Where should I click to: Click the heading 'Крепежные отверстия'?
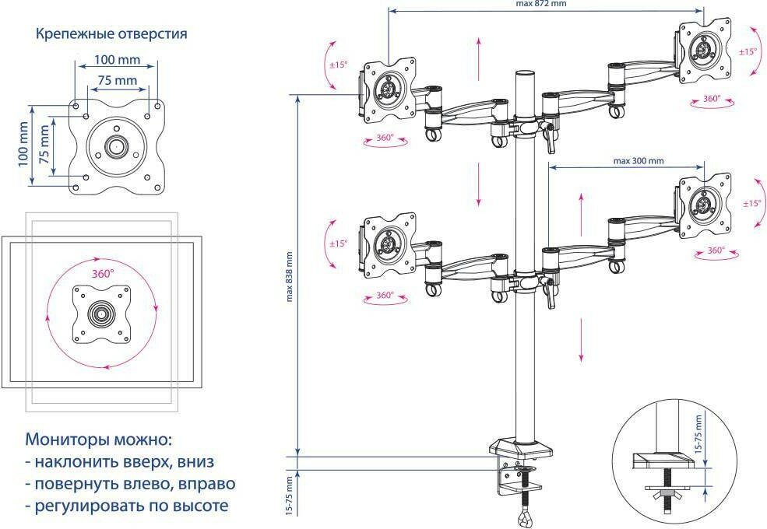(111, 34)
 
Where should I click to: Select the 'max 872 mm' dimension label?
(540, 4)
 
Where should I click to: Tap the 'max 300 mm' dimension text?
(638, 161)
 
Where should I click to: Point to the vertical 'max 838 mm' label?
(290, 276)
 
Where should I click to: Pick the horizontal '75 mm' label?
(117, 80)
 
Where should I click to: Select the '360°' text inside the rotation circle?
(102, 274)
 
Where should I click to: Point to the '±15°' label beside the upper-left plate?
(337, 65)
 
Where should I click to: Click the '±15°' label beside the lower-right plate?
(751, 203)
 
